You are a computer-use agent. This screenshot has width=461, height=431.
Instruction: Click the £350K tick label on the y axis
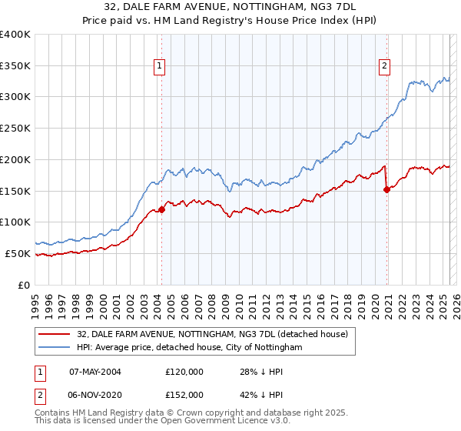15,65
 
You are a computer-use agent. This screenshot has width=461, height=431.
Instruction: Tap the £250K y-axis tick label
15,129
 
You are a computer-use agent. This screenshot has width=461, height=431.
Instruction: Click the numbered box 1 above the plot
159,66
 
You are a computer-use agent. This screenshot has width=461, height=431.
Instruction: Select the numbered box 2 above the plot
383,66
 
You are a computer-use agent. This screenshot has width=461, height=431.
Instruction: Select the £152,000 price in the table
184,394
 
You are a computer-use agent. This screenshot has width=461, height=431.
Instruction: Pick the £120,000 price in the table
184,371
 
